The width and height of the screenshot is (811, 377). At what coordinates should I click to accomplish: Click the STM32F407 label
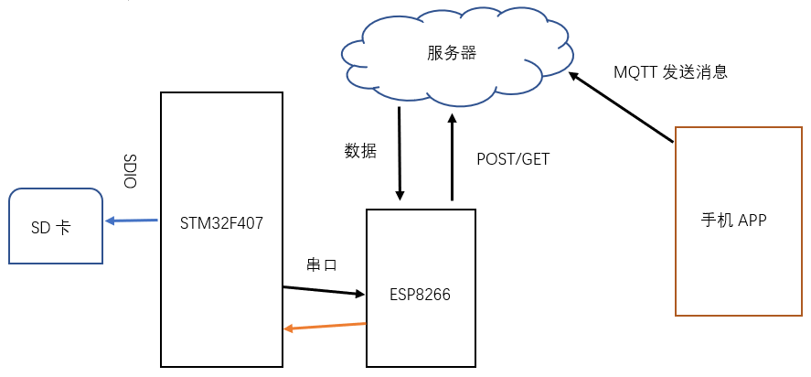click(x=222, y=221)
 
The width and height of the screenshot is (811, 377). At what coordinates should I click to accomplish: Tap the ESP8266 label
click(x=420, y=295)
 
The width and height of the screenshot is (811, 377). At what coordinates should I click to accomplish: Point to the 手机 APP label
click(x=733, y=220)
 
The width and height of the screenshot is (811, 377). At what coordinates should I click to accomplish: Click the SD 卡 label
click(x=50, y=228)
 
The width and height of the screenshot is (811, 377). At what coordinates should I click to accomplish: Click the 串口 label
click(x=322, y=265)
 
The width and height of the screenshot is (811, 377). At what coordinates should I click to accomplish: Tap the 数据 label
click(x=359, y=151)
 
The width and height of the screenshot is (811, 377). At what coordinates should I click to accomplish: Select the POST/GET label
click(x=513, y=158)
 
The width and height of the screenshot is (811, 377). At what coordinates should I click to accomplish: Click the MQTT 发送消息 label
click(x=670, y=72)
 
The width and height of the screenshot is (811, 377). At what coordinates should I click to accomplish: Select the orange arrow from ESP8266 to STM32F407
click(x=325, y=326)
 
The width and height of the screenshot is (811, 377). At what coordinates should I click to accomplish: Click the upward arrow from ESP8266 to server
click(x=452, y=156)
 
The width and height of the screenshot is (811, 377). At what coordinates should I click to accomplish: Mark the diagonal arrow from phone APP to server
click(x=622, y=107)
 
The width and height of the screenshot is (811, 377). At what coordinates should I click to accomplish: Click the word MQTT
click(x=634, y=72)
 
